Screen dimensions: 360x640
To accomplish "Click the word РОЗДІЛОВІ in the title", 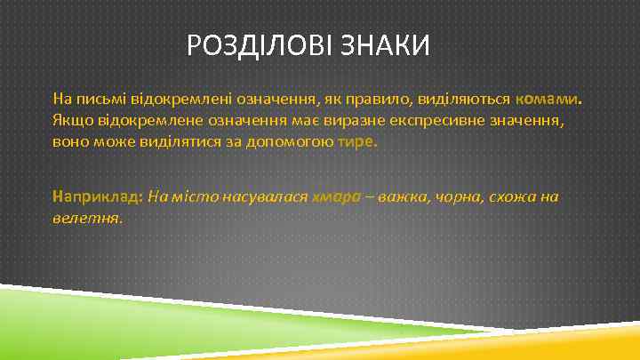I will [260, 44].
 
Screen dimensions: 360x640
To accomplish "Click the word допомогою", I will [292, 141].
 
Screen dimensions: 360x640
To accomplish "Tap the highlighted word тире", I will [357, 141].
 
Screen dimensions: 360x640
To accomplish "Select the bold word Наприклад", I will [98, 196].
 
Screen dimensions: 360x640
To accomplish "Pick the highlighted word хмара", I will [336, 196].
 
